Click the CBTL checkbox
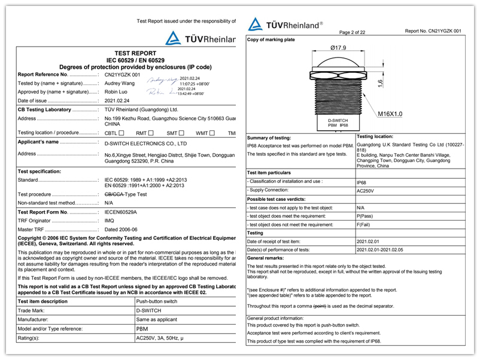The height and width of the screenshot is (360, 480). [121, 133]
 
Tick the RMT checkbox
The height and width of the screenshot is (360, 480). [151, 133]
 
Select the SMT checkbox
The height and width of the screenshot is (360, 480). [181, 133]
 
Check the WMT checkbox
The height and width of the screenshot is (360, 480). [212, 133]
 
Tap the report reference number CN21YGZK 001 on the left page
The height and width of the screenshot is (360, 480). [122, 75]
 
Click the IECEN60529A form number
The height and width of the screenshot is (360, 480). [121, 212]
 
